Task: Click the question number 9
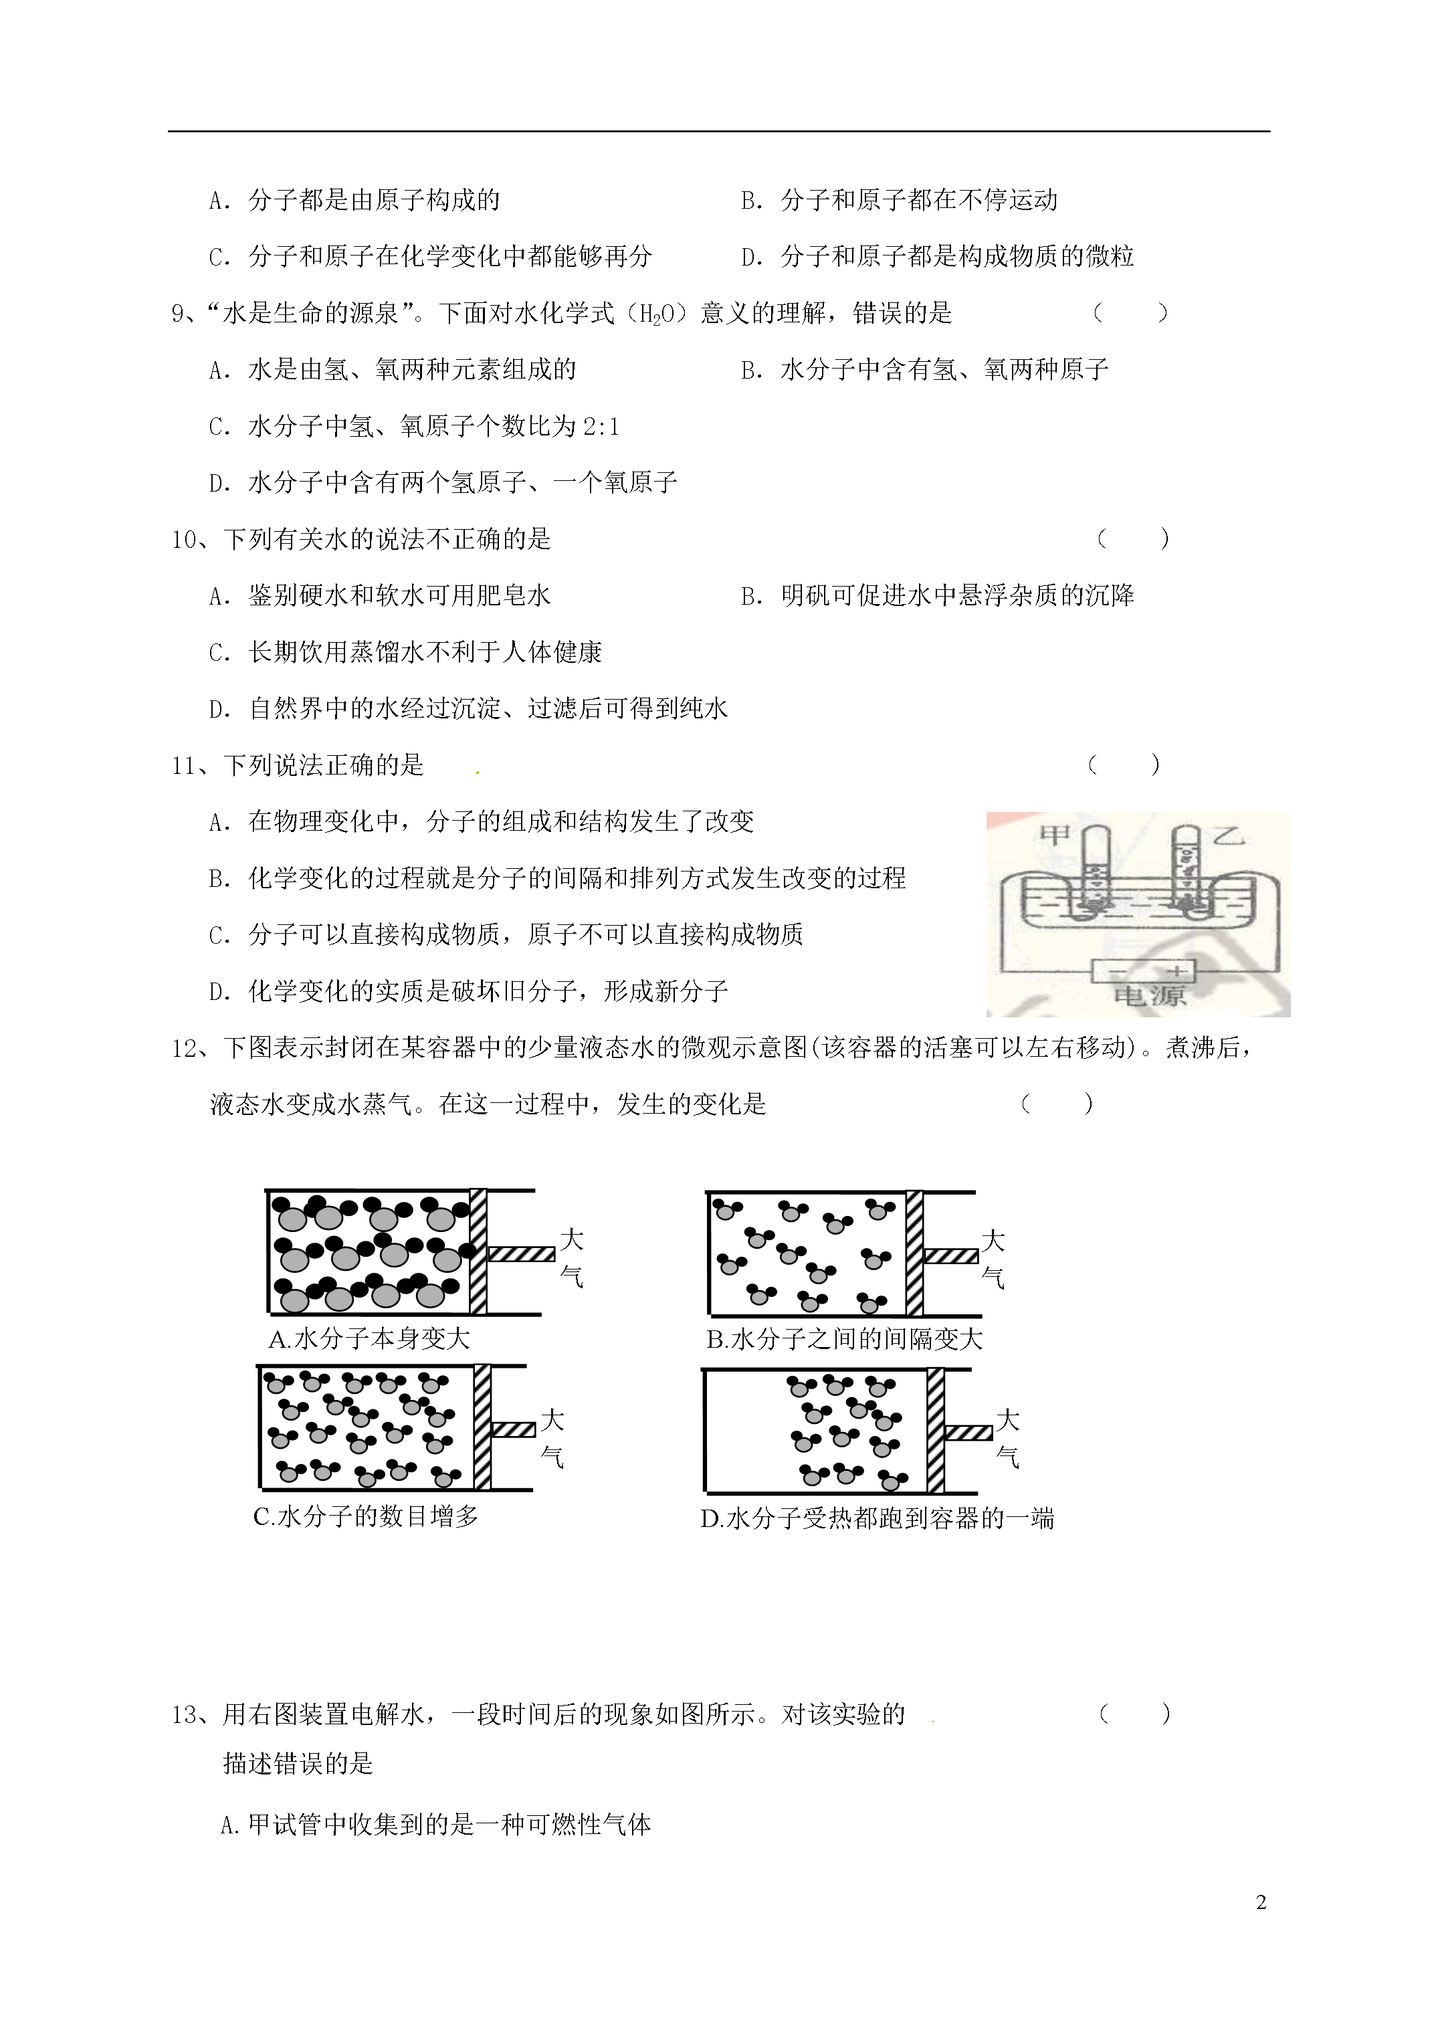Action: pos(177,314)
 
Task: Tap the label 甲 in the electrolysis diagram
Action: pos(1053,835)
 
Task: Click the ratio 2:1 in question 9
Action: pos(601,427)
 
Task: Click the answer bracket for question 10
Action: pos(1133,538)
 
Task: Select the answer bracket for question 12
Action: pos(1057,1104)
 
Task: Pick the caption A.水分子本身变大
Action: pos(369,1338)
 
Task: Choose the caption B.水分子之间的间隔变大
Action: pos(844,1338)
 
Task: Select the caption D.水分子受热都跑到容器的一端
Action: pos(877,1518)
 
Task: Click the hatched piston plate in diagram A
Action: pos(478,1251)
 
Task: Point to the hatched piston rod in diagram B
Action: pos(950,1255)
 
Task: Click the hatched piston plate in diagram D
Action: pos(935,1431)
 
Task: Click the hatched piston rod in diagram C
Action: pos(513,1430)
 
